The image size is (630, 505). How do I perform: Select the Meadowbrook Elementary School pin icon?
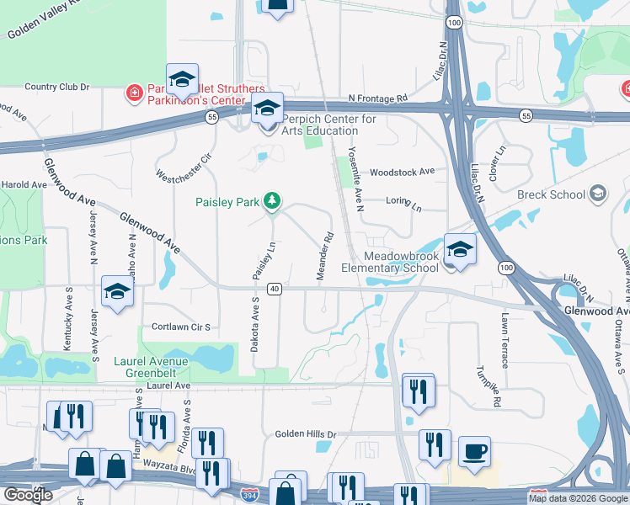[x=460, y=248]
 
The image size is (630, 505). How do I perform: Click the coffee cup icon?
[x=475, y=450]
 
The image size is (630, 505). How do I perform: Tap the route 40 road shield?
[x=275, y=289]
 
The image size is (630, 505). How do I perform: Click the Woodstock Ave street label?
[x=402, y=171]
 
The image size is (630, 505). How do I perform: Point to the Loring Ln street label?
[x=403, y=204]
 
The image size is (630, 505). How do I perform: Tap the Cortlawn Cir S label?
[x=180, y=327]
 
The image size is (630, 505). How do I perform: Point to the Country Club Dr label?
[x=56, y=87]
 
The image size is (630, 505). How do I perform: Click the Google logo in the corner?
[x=28, y=495]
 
